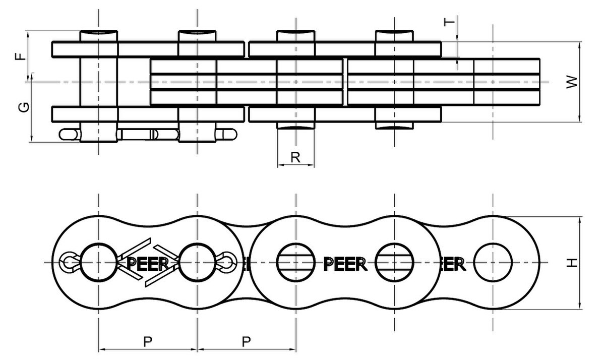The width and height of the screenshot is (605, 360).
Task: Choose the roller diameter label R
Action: [x=296, y=157]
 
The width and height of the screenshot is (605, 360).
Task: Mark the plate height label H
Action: [x=571, y=263]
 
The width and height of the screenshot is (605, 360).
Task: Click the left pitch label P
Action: [x=147, y=341]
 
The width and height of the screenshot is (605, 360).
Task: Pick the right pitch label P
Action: [x=246, y=341]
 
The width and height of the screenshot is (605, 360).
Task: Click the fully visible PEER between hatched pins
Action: [x=345, y=263]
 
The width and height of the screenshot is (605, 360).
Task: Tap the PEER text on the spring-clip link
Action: [x=147, y=264]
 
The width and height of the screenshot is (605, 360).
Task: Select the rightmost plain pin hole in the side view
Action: [x=493, y=262]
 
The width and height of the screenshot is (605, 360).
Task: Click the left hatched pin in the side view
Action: [x=296, y=262]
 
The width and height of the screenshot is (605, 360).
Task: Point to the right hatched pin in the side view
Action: [x=394, y=262]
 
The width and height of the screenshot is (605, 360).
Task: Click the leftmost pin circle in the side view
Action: [x=98, y=262]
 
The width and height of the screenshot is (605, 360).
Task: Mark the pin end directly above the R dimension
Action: [x=296, y=125]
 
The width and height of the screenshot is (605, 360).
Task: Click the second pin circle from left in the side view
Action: [x=197, y=262]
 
